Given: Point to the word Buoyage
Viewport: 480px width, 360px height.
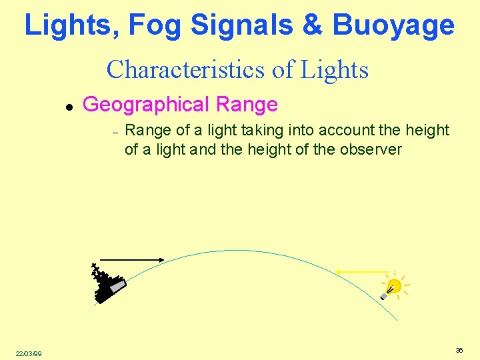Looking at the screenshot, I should click(x=393, y=25).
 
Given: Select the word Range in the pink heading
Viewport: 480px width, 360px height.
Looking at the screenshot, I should click(x=244, y=104).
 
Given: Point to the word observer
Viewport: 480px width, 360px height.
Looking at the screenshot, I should click(x=371, y=149).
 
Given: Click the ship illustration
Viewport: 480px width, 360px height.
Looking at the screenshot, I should click(x=107, y=285).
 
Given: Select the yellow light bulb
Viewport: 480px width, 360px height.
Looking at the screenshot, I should click(x=393, y=287).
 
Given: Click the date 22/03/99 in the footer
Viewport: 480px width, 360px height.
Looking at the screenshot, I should click(x=29, y=353).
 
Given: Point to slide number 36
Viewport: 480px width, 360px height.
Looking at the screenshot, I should click(x=459, y=350).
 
